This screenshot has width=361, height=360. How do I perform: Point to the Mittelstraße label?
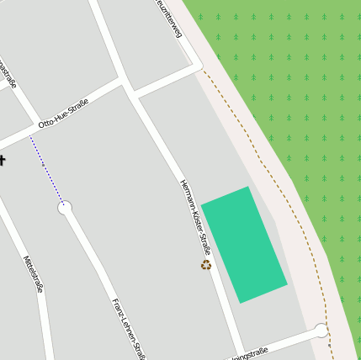[x=33, y=273]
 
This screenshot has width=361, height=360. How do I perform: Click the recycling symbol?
[x=206, y=265]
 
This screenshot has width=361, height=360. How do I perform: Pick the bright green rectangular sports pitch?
[x=244, y=244]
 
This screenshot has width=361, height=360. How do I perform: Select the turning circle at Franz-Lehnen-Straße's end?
[x=65, y=207]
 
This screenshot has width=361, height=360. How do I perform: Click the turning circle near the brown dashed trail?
[x=321, y=331]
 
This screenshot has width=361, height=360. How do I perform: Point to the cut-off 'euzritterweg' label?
[x=169, y=19]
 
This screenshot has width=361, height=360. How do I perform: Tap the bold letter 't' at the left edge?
[x=3, y=161]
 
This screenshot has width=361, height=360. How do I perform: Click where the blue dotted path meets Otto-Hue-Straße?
[x=30, y=134]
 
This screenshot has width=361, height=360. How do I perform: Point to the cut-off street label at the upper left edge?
[x=9, y=76]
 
